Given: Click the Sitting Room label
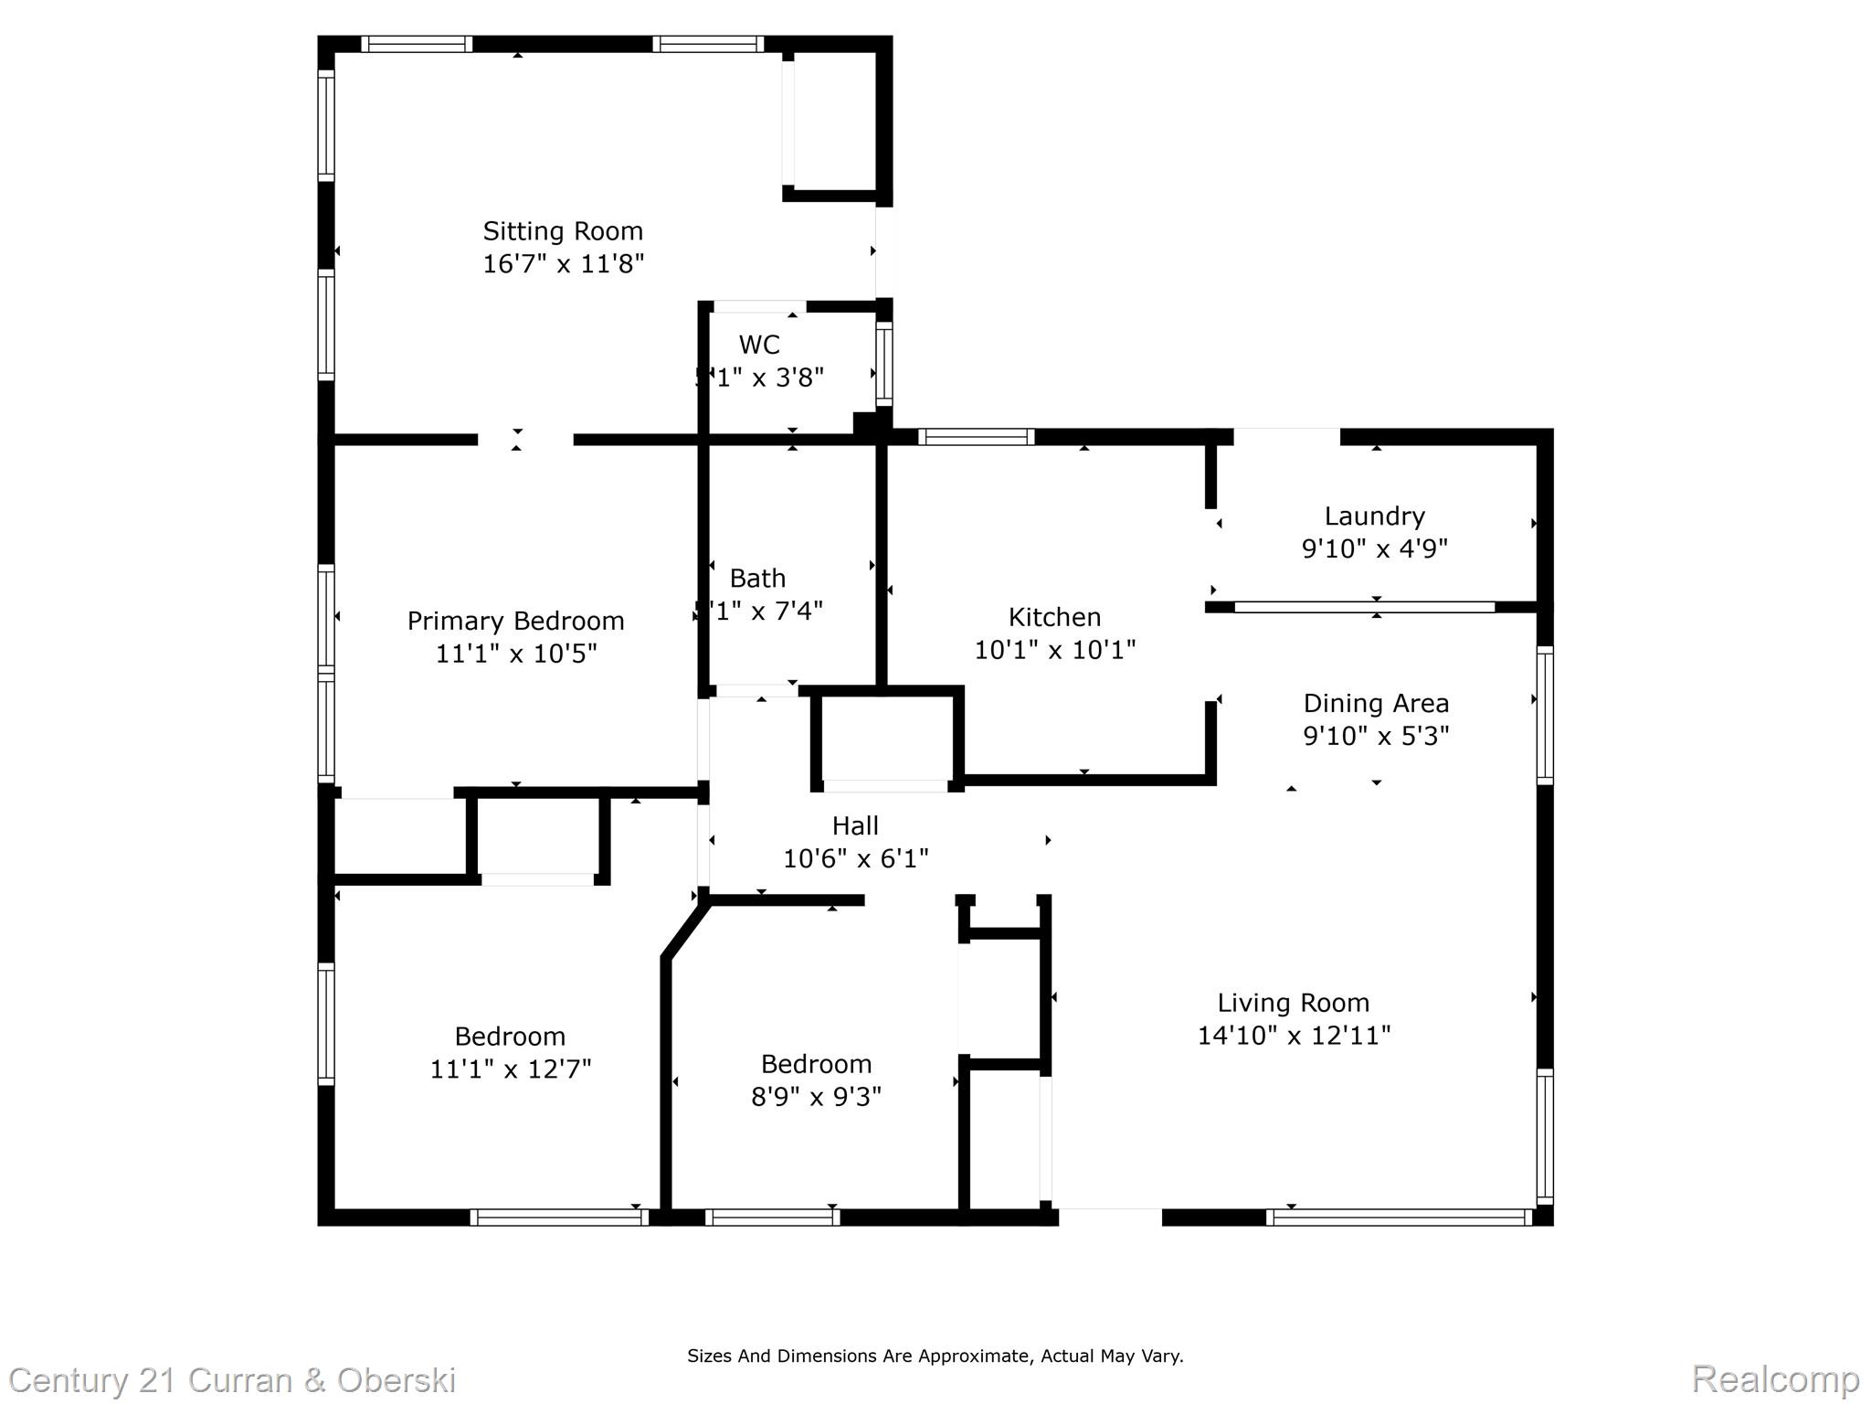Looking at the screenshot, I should point(563,231).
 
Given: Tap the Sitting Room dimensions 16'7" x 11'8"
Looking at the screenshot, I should point(563,264).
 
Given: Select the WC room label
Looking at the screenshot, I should point(759,345).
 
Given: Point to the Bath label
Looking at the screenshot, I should point(757,579).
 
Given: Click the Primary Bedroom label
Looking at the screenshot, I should point(515,622).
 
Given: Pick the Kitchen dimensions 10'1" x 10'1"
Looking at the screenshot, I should point(1055,650).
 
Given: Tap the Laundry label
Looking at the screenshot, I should point(1374,516).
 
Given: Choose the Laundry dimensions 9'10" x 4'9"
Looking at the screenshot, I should point(1374,549).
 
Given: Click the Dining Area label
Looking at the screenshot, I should point(1376,704).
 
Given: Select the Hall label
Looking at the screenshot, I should point(855,826).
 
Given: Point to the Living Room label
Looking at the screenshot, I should point(1293,1004).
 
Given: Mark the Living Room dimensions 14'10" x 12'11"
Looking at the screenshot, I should point(1294,1036).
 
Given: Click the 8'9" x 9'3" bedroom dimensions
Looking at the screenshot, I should point(816,1097).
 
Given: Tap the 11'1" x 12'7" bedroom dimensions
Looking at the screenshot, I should point(511,1069).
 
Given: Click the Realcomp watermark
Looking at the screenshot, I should point(1775,1378).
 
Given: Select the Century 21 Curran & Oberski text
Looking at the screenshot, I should point(232,1380).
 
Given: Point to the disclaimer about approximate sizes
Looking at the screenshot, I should point(935,1356).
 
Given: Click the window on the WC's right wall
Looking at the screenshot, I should point(883,364).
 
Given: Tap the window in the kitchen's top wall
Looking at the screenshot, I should point(976,437).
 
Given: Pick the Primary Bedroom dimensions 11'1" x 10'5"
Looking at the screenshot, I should point(516,654).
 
